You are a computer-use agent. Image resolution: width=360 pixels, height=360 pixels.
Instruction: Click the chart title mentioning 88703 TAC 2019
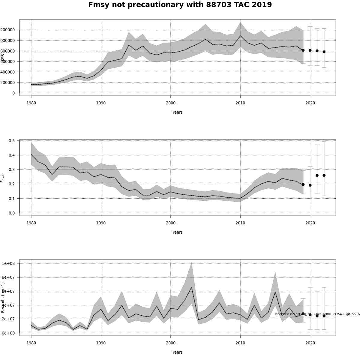point(180,5)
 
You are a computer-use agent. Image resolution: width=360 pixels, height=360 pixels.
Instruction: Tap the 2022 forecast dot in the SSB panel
point(324,52)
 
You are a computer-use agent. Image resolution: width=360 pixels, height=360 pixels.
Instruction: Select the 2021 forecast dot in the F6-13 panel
point(317,175)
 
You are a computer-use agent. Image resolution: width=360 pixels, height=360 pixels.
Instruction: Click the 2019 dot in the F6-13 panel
point(303,184)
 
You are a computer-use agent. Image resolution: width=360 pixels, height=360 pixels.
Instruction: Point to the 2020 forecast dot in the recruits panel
point(310,315)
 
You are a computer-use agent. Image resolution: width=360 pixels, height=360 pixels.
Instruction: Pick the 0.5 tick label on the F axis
point(12,141)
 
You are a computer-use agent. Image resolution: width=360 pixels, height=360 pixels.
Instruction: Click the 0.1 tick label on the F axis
point(12,199)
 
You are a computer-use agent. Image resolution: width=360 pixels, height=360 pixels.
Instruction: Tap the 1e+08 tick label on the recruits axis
point(8,263)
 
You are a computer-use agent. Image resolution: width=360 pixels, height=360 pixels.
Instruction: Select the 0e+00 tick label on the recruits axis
point(8,333)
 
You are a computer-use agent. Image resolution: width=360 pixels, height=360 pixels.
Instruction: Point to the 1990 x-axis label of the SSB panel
point(101,103)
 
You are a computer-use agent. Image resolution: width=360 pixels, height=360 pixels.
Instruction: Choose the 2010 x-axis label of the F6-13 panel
point(240,223)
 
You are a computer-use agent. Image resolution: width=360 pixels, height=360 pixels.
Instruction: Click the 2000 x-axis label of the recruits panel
point(170,343)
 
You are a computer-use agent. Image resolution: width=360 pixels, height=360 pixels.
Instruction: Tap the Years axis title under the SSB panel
point(177,112)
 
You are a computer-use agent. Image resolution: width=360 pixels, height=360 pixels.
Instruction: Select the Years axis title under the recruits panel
point(177,352)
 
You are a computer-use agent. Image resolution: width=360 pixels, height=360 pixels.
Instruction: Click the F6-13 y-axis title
point(3,177)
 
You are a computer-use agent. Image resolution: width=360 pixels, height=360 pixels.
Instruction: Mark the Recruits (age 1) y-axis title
point(3,297)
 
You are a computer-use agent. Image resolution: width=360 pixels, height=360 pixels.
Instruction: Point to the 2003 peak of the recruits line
point(191,287)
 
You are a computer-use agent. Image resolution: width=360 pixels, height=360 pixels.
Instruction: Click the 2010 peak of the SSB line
point(240,36)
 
